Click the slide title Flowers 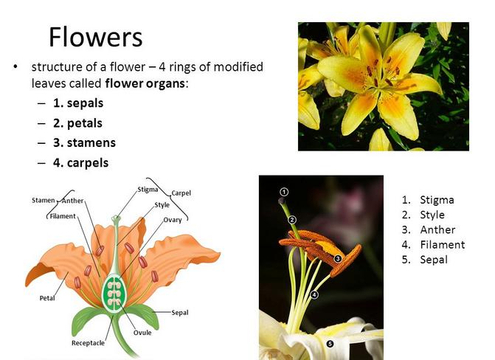(x=96, y=37)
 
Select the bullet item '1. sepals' (x=78, y=103)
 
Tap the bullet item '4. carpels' (x=81, y=163)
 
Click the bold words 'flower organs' (x=145, y=83)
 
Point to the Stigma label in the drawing (x=148, y=190)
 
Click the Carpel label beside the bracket (x=181, y=193)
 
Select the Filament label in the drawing (x=63, y=216)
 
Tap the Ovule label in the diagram (x=142, y=333)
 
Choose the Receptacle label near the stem (x=88, y=343)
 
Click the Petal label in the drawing (x=47, y=298)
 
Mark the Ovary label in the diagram (x=173, y=220)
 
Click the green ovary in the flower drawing (x=114, y=294)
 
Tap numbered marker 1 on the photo (x=284, y=192)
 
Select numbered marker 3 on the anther (x=338, y=259)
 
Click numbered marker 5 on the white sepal (x=330, y=344)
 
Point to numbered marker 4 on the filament (x=314, y=294)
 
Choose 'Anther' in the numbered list (x=437, y=230)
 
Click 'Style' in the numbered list (x=432, y=215)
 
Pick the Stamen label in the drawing (x=44, y=201)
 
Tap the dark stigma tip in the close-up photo (x=282, y=201)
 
